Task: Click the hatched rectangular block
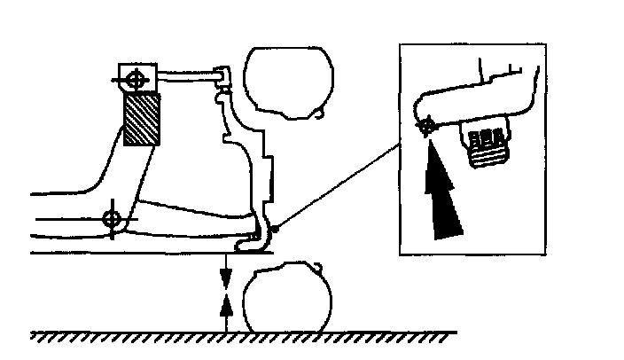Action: coord(142,120)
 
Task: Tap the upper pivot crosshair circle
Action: coord(136,79)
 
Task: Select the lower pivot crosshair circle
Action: coord(112,217)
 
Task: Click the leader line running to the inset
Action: coord(337,187)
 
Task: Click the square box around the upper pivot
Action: coord(136,78)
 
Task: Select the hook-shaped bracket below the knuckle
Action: coord(256,234)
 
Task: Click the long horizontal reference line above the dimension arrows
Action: coord(133,253)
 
